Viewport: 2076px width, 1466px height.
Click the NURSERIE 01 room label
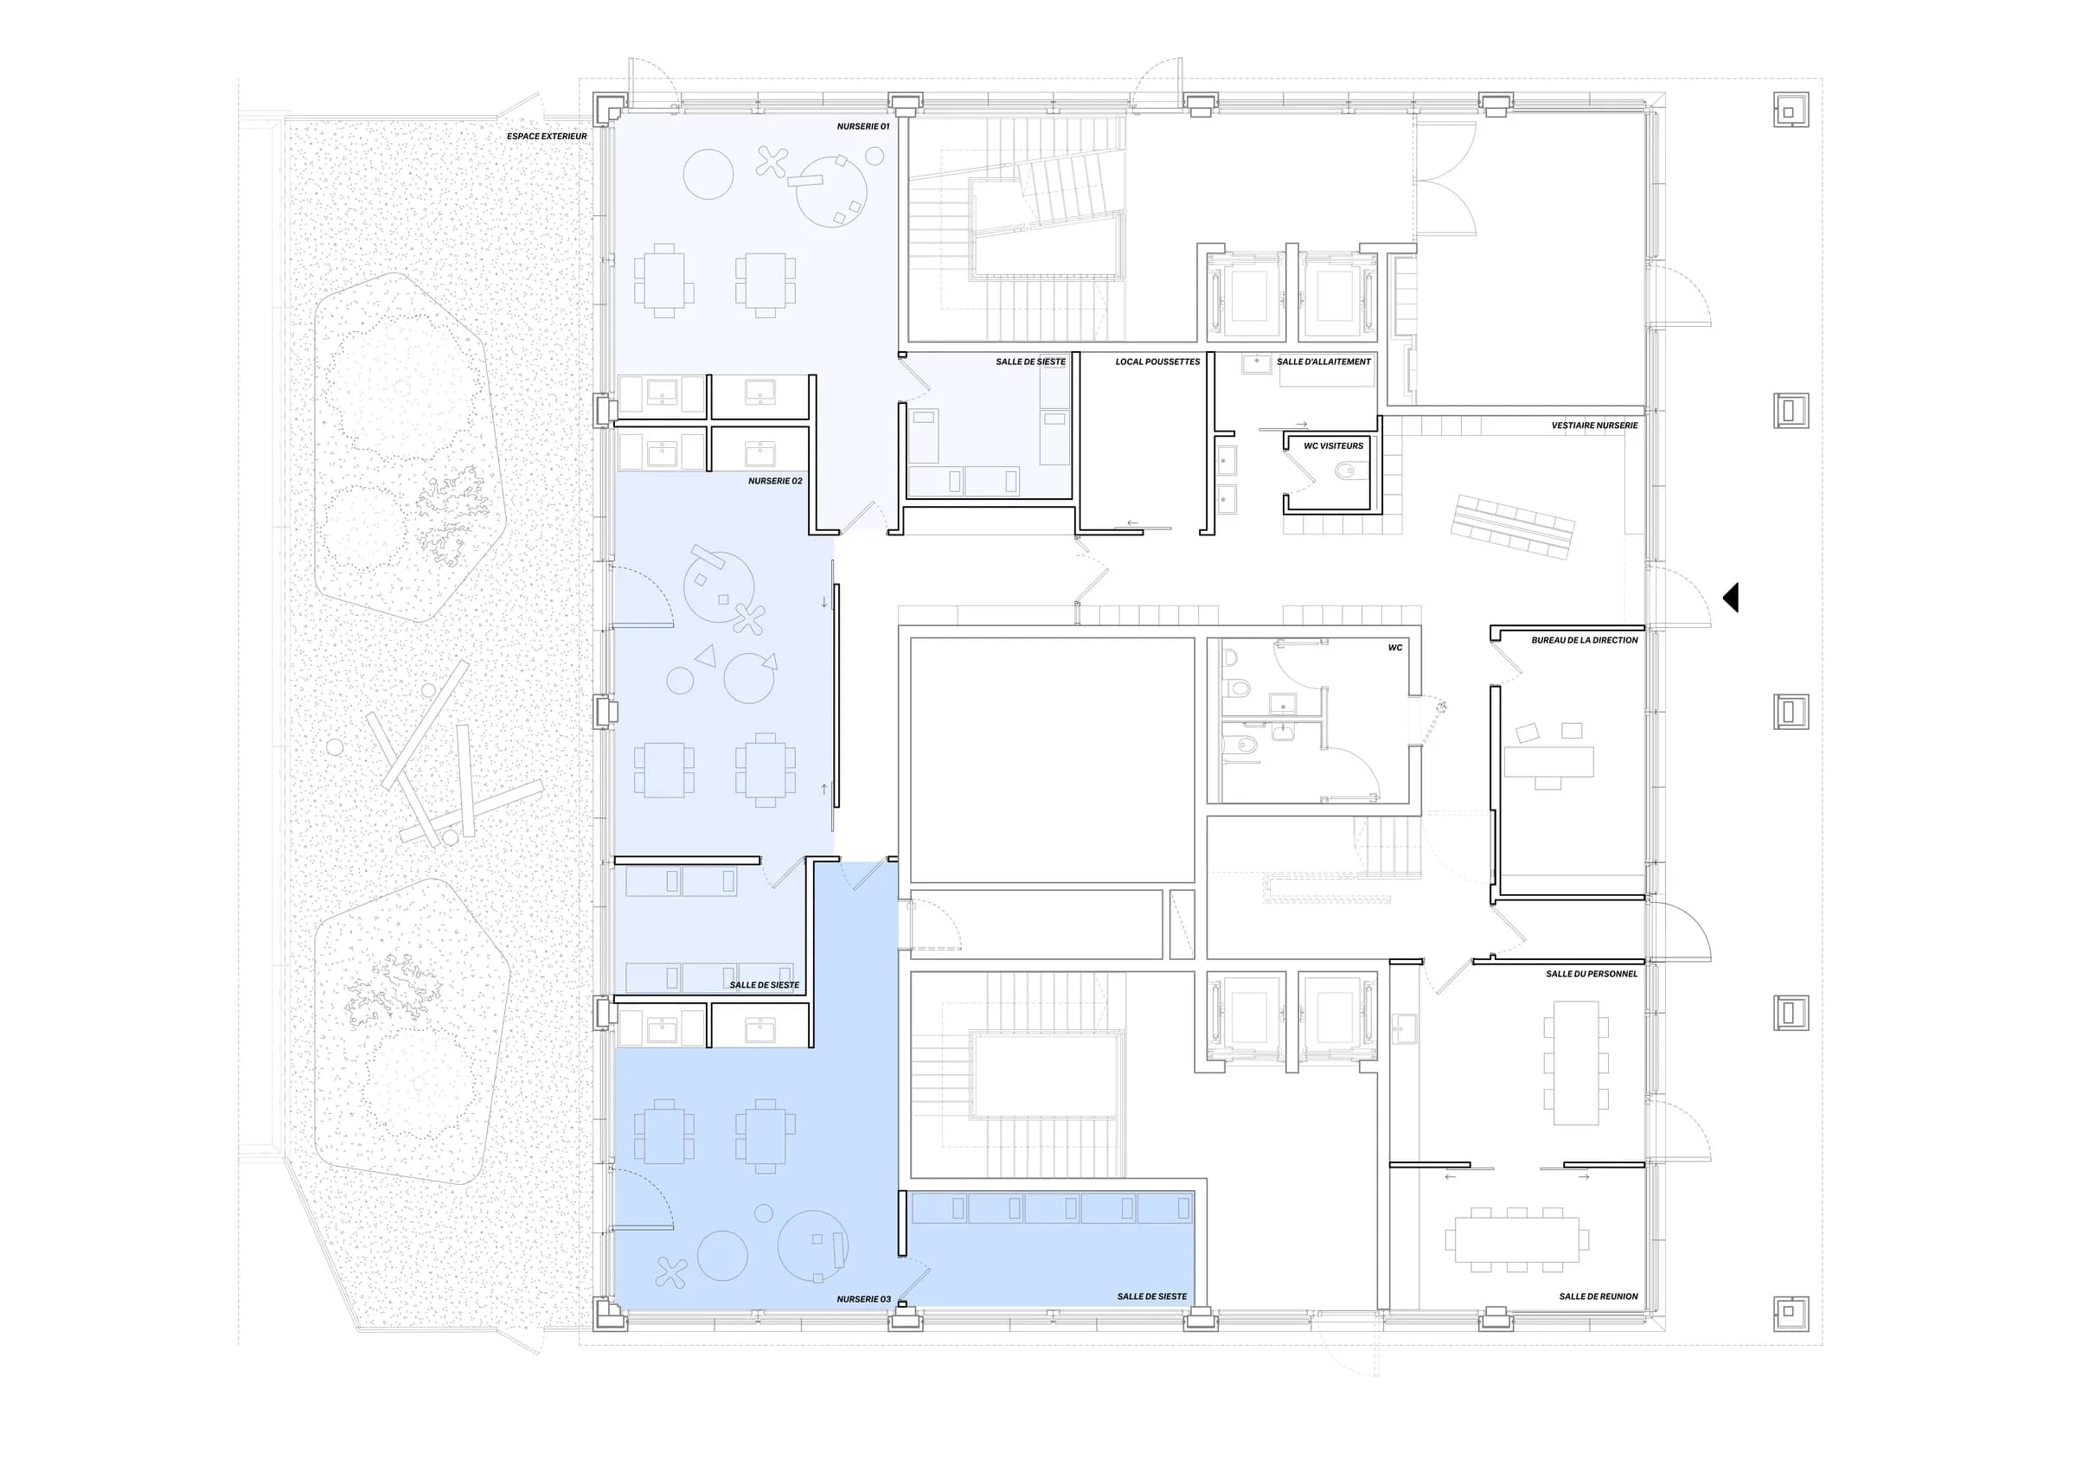tap(862, 126)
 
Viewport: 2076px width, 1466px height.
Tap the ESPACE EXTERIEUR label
tap(546, 137)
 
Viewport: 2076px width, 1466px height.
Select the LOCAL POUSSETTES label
tap(1157, 362)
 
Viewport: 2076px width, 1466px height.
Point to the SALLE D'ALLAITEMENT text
tap(1323, 362)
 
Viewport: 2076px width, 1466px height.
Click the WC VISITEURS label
tap(1333, 445)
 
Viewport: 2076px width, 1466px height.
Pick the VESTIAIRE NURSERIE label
tap(1594, 425)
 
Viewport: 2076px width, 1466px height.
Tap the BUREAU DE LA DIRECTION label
tap(1584, 640)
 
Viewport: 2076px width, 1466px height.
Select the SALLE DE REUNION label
tap(1598, 1296)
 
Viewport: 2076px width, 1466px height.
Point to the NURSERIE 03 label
tap(863, 1299)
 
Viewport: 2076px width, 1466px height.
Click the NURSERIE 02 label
tap(775, 481)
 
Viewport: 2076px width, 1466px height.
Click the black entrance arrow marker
tap(1731, 598)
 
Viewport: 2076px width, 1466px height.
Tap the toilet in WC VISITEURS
tap(1346, 470)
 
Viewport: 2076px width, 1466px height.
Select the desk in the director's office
tap(1548, 762)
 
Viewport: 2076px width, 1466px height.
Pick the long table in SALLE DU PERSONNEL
tap(1576, 1062)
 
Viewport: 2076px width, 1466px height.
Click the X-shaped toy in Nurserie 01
tap(772, 162)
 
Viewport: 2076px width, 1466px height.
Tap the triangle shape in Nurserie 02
tap(705, 656)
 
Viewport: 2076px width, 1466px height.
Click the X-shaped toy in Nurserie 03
tap(670, 1271)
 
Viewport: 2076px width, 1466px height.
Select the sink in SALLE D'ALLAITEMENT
tap(1256, 363)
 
